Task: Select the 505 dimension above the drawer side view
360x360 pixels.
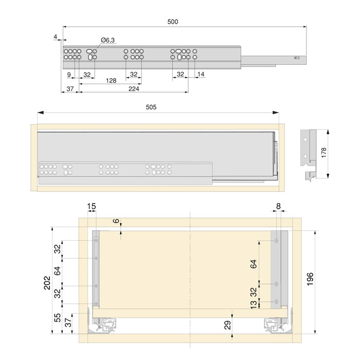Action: (x=151, y=107)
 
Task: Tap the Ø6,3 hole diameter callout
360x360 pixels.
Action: (x=108, y=40)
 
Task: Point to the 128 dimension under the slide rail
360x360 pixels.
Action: (x=111, y=81)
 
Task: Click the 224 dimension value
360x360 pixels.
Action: (x=134, y=88)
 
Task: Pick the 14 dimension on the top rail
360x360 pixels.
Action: (x=201, y=75)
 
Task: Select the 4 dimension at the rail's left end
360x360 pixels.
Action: (x=55, y=37)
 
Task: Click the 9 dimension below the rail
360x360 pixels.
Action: (x=69, y=75)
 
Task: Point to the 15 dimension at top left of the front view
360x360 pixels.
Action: (x=91, y=206)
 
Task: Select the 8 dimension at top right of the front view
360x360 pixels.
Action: (x=278, y=206)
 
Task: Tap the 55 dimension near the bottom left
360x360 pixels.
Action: (x=58, y=317)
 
